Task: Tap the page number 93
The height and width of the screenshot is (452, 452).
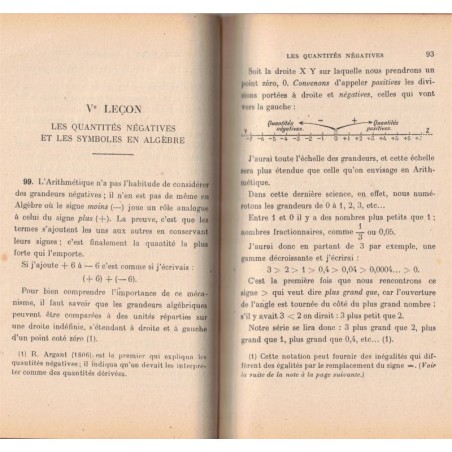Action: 427,55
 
